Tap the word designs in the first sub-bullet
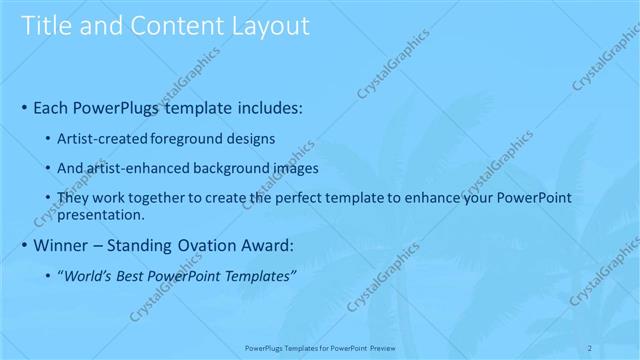pyautogui.click(x=249, y=138)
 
